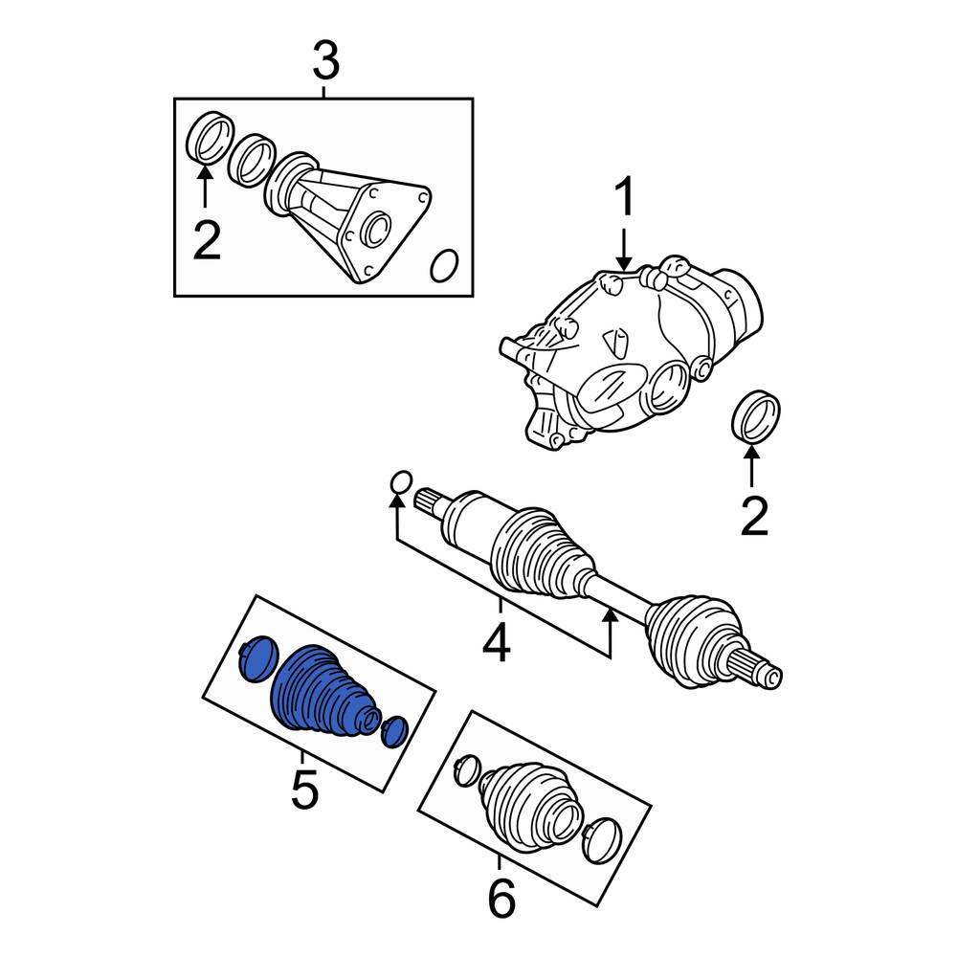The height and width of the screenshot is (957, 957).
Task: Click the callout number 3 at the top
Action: click(x=325, y=63)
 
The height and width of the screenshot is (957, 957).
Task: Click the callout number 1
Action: click(x=624, y=201)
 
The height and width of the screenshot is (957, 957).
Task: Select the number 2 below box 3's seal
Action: click(x=206, y=240)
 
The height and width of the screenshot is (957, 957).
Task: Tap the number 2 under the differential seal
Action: click(x=754, y=518)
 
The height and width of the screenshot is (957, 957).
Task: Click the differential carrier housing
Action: click(x=622, y=364)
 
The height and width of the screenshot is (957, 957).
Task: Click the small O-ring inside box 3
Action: click(x=443, y=267)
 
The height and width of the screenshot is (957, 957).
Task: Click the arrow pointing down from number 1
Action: click(x=624, y=251)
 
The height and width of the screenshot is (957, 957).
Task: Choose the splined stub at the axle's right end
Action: click(x=767, y=669)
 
